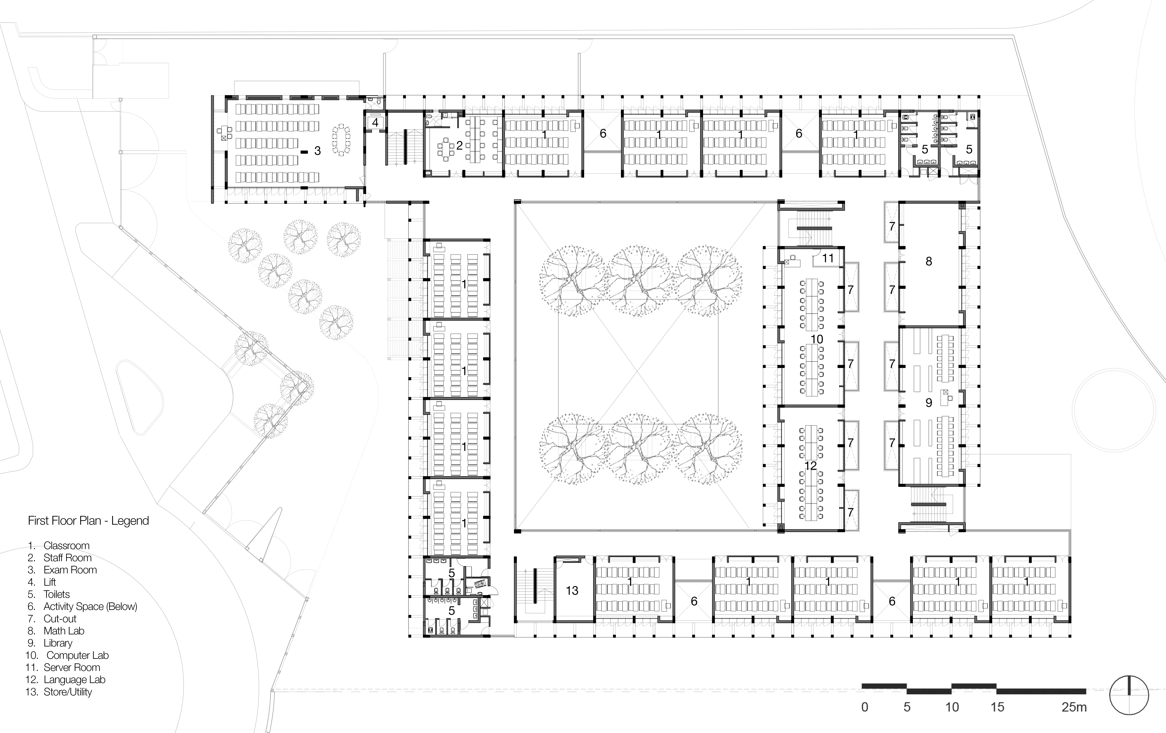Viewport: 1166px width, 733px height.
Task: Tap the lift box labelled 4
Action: point(375,123)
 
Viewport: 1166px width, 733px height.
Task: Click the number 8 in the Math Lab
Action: point(928,262)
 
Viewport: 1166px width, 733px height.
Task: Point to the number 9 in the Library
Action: point(928,403)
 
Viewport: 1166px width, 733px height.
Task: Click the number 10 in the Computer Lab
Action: point(817,339)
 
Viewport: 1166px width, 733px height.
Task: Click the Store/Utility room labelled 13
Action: point(572,590)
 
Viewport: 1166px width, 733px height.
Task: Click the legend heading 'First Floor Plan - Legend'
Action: point(88,521)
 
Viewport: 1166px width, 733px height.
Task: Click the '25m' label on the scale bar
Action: point(1074,707)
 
